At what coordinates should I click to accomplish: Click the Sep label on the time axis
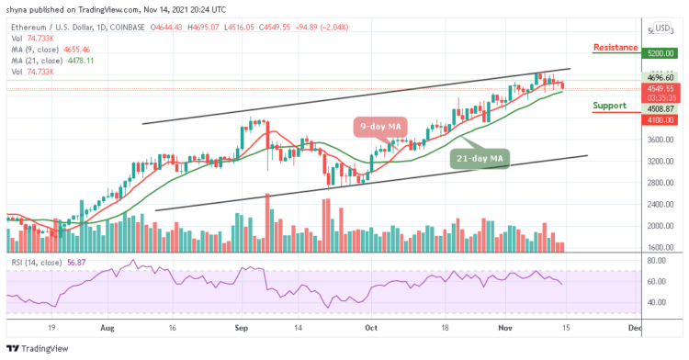point(241,326)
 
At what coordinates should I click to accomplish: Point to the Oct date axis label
point(370,326)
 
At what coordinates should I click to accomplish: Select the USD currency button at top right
point(663,28)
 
